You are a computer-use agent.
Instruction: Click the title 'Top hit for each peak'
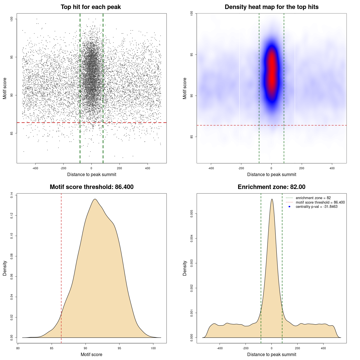tap(91, 7)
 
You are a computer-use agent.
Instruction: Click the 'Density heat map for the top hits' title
tap(271, 7)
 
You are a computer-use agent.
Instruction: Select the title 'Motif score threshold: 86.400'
tap(91, 187)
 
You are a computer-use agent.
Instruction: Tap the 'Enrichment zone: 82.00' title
tap(271, 187)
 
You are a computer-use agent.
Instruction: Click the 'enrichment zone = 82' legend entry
tap(313, 198)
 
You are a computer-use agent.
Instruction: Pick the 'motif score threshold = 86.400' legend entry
tap(320, 202)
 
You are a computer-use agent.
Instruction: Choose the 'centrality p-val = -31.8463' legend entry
tap(316, 207)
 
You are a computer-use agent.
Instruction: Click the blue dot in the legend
tap(289, 207)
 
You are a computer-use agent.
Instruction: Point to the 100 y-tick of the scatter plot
tap(12, 19)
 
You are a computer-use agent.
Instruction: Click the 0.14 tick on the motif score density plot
tap(12, 195)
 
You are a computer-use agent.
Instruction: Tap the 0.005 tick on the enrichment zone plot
tap(192, 214)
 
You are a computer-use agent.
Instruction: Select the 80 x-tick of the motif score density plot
tap(18, 348)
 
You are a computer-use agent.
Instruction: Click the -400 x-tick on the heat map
tap(211, 168)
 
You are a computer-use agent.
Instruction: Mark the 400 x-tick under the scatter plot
tap(148, 168)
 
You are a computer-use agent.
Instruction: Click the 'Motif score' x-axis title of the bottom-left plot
tap(91, 354)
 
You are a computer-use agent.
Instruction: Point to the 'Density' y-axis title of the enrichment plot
tap(185, 268)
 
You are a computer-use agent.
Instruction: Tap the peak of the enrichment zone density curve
tap(272, 199)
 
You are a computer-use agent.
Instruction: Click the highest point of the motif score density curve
tap(95, 199)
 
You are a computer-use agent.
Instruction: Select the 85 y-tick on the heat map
tap(192, 137)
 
